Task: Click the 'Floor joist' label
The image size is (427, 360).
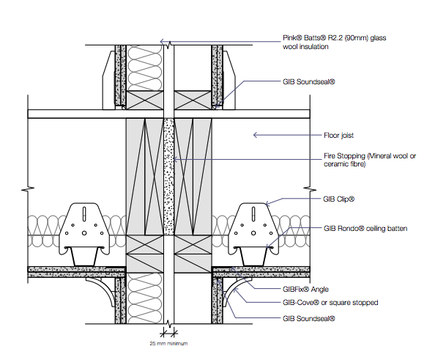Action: [x=338, y=136]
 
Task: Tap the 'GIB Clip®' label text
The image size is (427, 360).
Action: [x=339, y=199]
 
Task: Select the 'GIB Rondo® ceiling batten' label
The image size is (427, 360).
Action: [x=365, y=228]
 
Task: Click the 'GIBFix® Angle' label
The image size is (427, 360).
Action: [x=305, y=289]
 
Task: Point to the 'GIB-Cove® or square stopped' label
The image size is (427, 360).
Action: [x=330, y=303]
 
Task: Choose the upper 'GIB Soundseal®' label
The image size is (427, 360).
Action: [x=309, y=82]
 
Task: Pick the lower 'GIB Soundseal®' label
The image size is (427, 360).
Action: [x=309, y=318]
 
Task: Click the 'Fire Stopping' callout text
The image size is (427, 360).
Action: [x=370, y=160]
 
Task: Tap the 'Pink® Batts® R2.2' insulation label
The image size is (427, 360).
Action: [x=335, y=42]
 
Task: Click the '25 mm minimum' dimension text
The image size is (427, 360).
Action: [x=168, y=343]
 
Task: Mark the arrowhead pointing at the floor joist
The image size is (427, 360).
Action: [x=256, y=135]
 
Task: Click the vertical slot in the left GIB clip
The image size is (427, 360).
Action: [x=84, y=214]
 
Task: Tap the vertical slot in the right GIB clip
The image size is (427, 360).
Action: [x=253, y=214]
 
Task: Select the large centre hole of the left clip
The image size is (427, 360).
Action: [x=84, y=233]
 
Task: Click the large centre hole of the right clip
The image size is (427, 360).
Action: [x=253, y=233]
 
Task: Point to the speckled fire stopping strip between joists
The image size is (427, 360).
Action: [x=169, y=177]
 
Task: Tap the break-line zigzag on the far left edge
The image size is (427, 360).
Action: [x=28, y=188]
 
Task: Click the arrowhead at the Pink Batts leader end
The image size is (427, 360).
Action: [x=162, y=42]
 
